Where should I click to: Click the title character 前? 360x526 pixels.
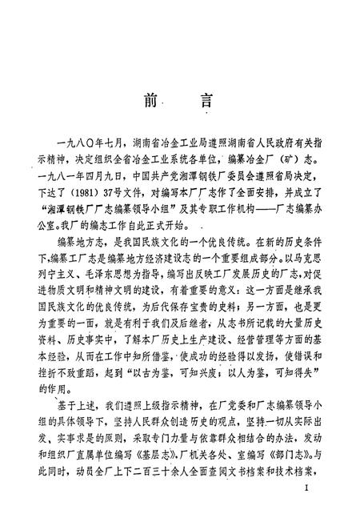(x=150, y=103)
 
